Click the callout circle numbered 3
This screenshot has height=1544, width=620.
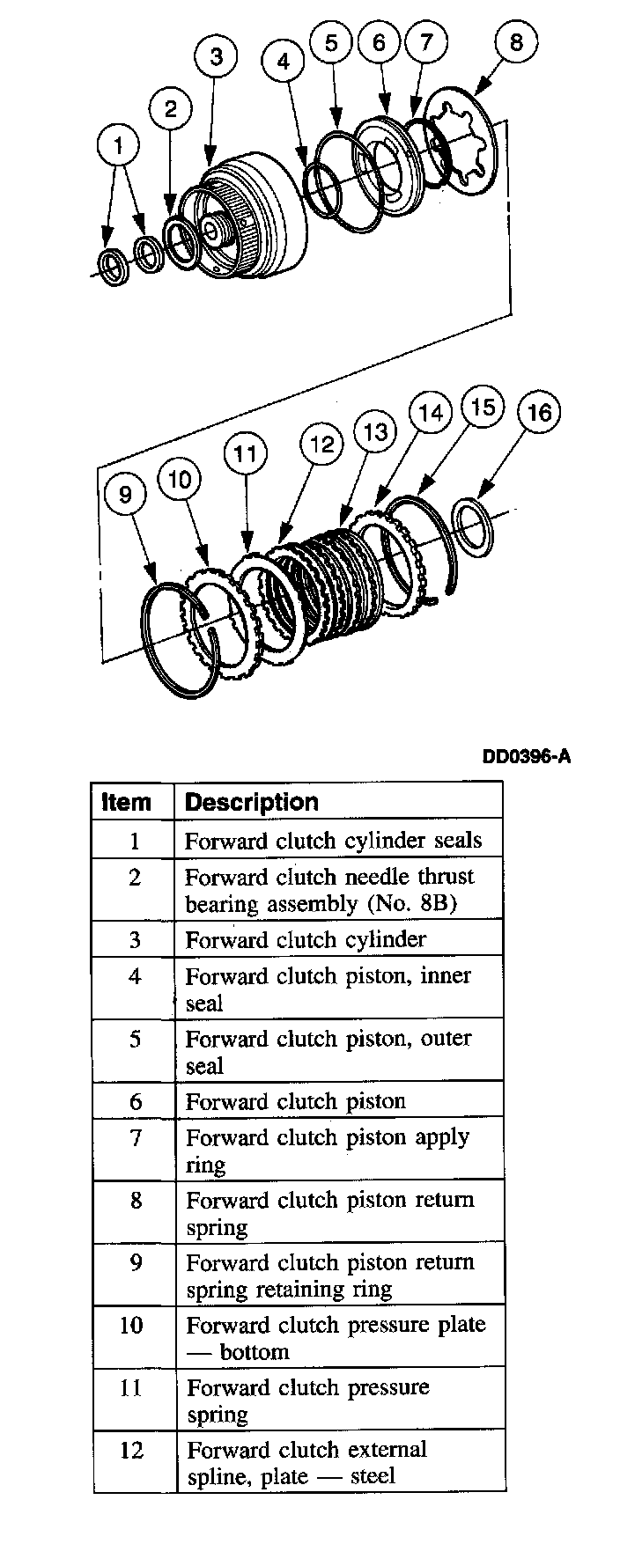(216, 56)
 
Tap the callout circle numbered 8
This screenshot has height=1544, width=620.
(516, 41)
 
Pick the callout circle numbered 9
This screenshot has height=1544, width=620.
(125, 495)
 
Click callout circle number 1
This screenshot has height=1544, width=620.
(119, 145)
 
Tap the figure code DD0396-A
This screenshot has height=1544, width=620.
(526, 755)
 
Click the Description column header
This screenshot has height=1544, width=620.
(252, 802)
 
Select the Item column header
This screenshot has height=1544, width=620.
(127, 802)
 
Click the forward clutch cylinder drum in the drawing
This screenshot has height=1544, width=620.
(255, 220)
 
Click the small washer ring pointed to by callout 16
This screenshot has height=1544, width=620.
(475, 528)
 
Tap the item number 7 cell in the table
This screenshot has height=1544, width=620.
(135, 1137)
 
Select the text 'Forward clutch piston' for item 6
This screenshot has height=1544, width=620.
(295, 1101)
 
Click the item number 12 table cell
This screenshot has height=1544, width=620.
(131, 1450)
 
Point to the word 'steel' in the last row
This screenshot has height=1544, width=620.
(373, 1476)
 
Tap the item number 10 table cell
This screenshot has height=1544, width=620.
(131, 1325)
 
